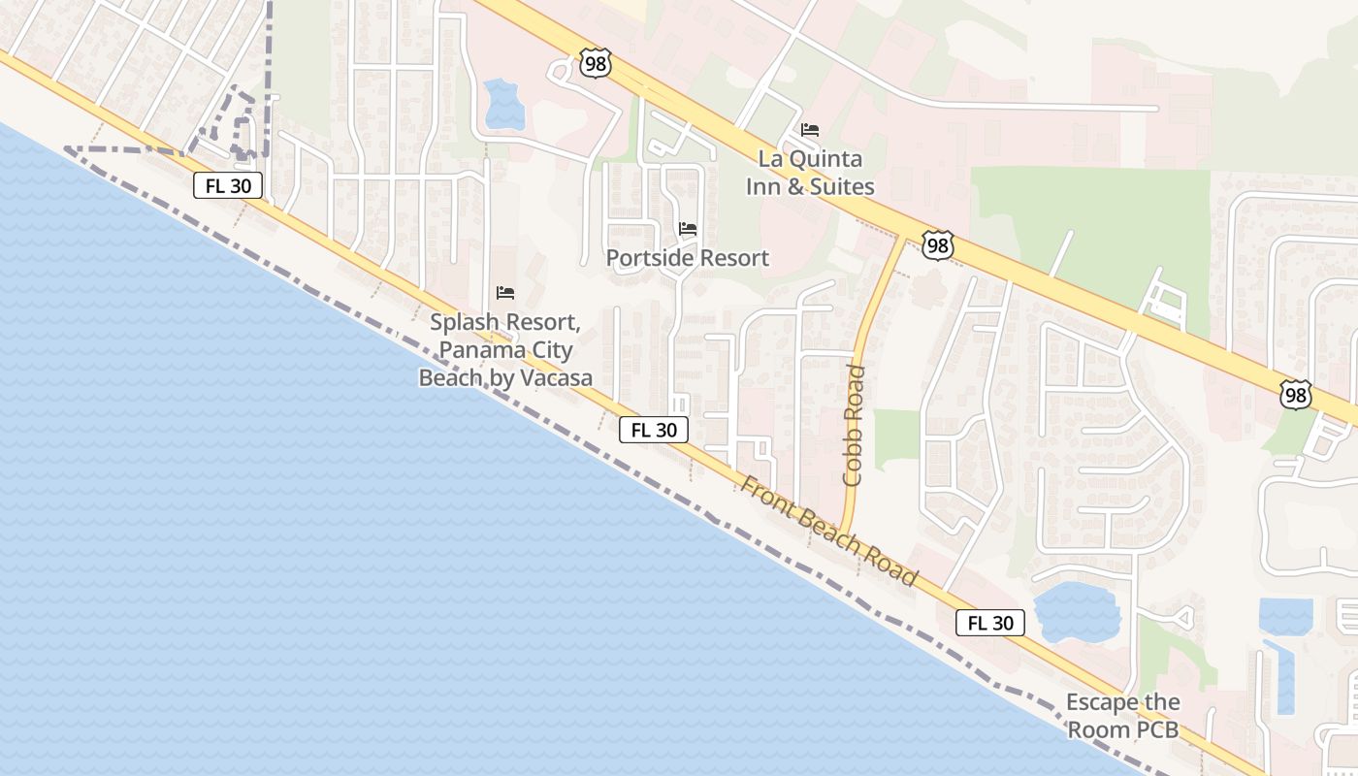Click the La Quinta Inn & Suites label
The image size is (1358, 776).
point(810,173)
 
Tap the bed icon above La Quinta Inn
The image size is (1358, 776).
point(810,129)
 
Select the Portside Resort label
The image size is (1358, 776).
point(687,258)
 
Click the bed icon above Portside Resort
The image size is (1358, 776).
point(688,229)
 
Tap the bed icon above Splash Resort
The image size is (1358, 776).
point(504,292)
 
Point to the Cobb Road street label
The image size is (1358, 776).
point(854,425)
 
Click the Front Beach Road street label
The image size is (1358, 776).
point(828,531)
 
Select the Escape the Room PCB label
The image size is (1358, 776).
point(1123,716)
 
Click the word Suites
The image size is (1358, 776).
point(843,186)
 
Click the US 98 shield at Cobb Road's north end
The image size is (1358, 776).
point(937,245)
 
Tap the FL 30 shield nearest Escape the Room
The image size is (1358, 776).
point(990,623)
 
